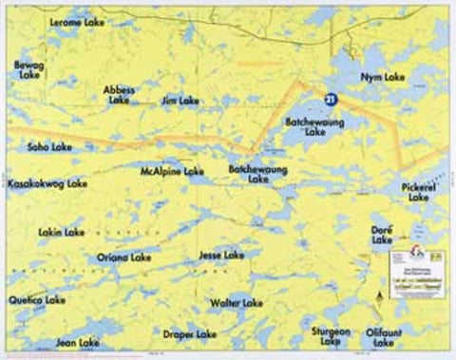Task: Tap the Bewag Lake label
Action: pyautogui.click(x=29, y=69)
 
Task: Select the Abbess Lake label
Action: pyautogui.click(x=120, y=94)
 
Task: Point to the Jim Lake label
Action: pyautogui.click(x=180, y=100)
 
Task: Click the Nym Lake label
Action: pyautogui.click(x=383, y=76)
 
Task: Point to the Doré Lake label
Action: pyautogui.click(x=382, y=234)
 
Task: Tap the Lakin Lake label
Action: pyautogui.click(x=62, y=232)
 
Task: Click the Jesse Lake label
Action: pyautogui.click(x=221, y=256)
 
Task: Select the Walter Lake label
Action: pyautogui.click(x=237, y=303)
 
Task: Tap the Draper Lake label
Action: pyautogui.click(x=190, y=334)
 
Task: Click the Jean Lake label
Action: pyautogui.click(x=78, y=342)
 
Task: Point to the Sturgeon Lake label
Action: pyautogui.click(x=332, y=335)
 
